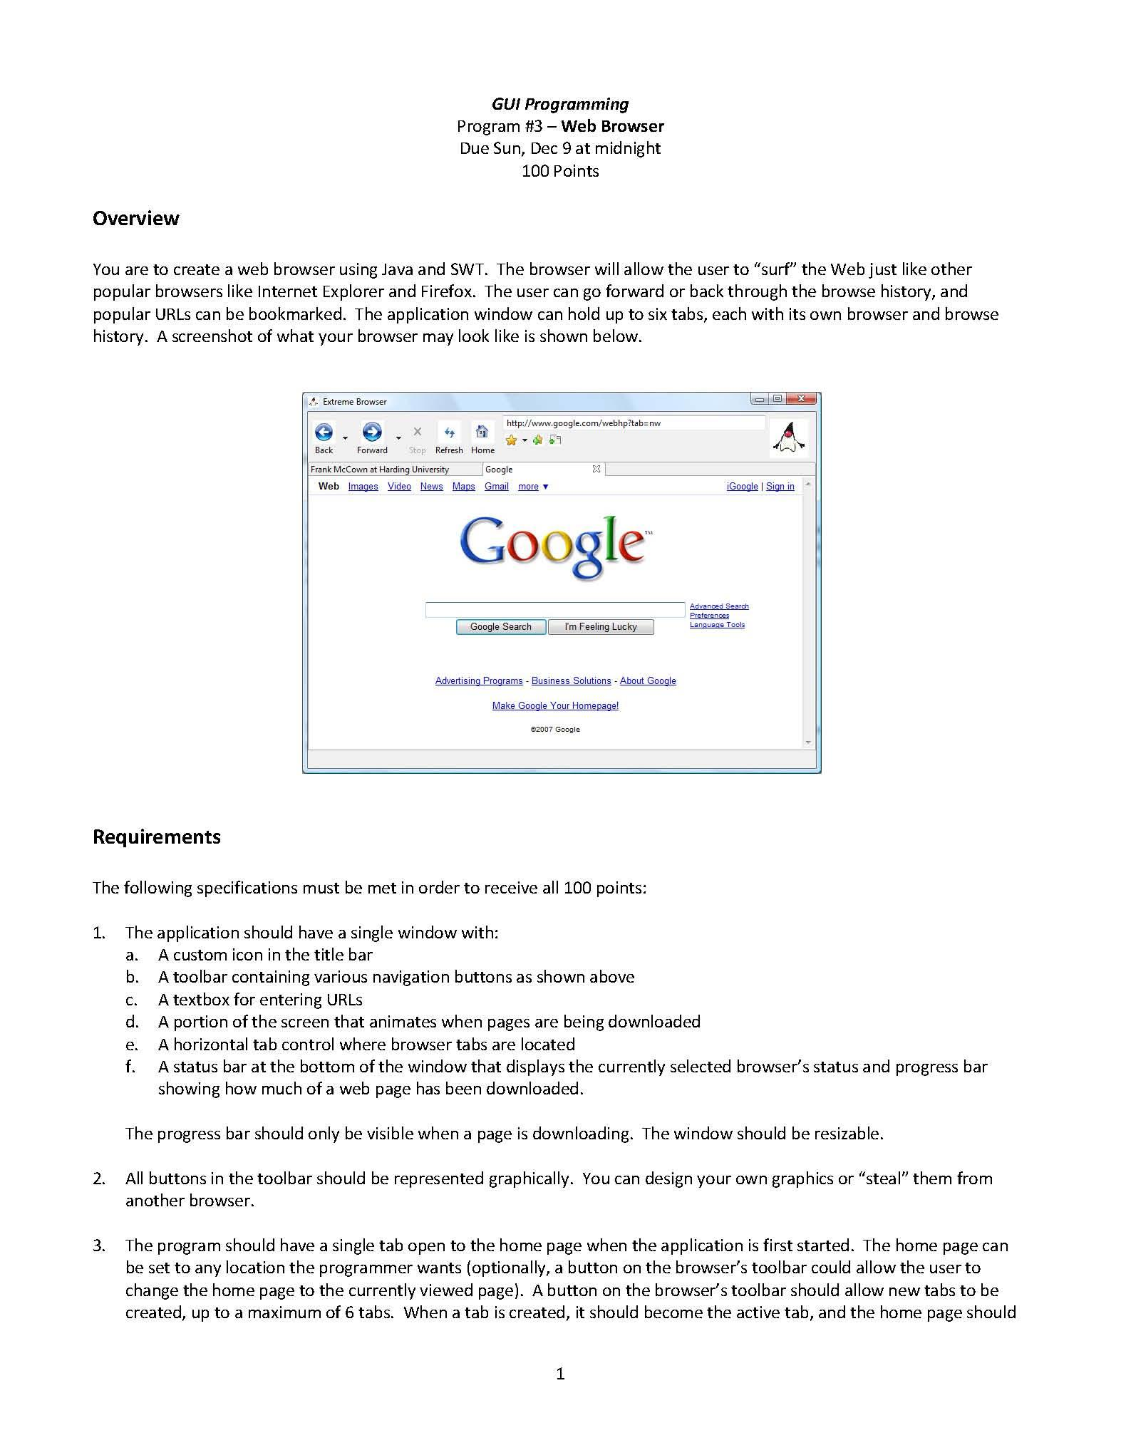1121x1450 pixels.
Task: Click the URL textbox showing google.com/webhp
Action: point(633,423)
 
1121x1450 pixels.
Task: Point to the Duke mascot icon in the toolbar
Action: point(790,437)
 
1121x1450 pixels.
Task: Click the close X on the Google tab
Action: point(596,469)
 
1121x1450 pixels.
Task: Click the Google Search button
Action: point(500,627)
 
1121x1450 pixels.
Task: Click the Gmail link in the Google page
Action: point(496,487)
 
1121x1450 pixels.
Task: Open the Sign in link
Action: point(780,487)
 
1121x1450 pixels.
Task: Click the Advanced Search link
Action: point(718,606)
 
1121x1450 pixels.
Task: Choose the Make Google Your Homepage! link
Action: point(555,706)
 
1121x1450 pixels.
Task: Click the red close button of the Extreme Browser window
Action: point(802,398)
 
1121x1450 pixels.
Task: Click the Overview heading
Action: point(135,218)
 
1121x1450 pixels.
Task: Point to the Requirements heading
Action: point(157,837)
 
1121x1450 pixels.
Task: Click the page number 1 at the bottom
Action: point(560,1374)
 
